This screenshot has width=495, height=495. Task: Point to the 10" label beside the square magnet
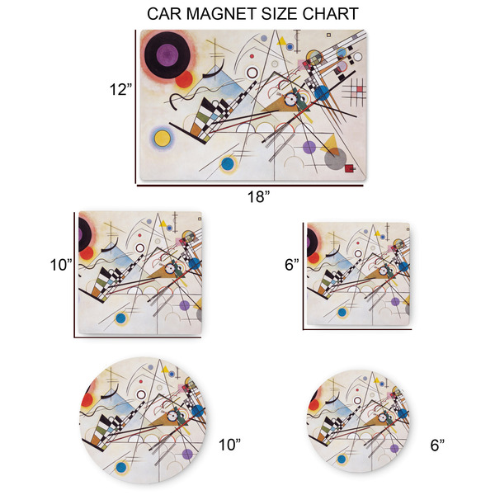pyautogui.click(x=60, y=266)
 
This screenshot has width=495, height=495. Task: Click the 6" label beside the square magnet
pyautogui.click(x=292, y=266)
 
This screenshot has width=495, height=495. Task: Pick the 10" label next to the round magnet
pyautogui.click(x=230, y=445)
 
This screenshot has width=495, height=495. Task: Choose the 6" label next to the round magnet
pyautogui.click(x=437, y=445)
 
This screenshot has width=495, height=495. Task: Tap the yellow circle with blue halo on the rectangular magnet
pyautogui.click(x=162, y=137)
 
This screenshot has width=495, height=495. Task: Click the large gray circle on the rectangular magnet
pyautogui.click(x=334, y=158)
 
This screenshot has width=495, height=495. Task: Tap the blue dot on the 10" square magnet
pyautogui.click(x=121, y=318)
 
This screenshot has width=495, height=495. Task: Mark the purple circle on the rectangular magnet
pyautogui.click(x=309, y=148)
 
